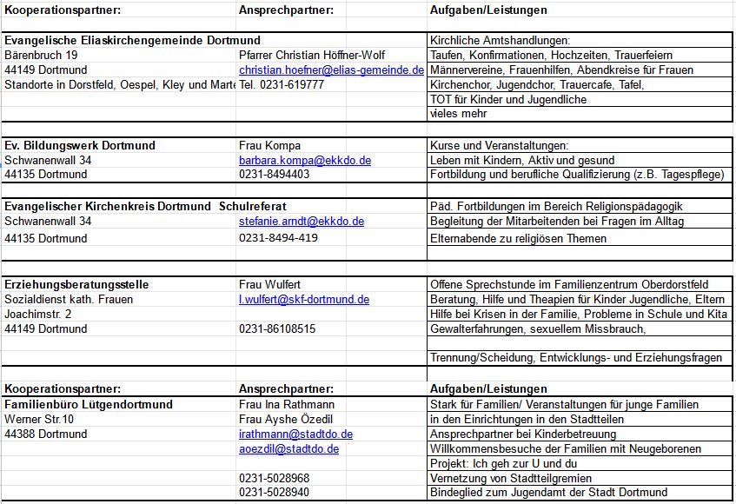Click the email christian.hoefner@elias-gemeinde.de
click(x=331, y=70)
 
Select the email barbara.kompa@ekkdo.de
click(x=305, y=161)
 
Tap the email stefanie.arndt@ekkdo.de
click(x=302, y=222)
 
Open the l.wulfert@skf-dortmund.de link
click(x=304, y=300)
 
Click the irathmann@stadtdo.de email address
click(x=295, y=434)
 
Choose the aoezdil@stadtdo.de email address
click(x=288, y=449)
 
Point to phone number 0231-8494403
click(x=274, y=175)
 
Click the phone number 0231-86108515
click(x=277, y=329)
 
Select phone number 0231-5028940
click(x=274, y=493)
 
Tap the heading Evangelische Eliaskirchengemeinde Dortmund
click(x=132, y=41)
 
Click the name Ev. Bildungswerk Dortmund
click(x=80, y=145)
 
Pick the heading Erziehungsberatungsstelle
click(x=76, y=284)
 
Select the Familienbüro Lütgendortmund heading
click(x=89, y=404)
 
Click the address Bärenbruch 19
click(x=42, y=55)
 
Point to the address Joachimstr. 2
click(x=38, y=315)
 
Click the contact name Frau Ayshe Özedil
click(x=286, y=419)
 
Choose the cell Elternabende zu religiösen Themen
click(x=518, y=238)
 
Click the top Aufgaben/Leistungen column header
click(x=488, y=10)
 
